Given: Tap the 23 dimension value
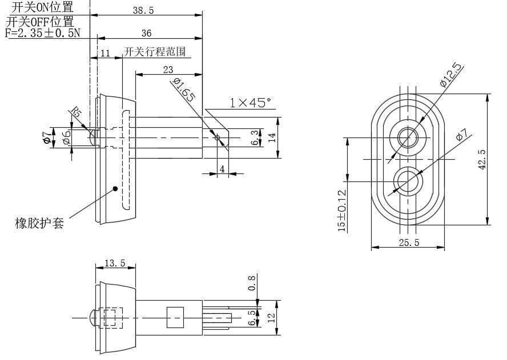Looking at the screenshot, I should click(168, 69).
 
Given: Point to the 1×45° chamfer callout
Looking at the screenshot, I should click(251, 103).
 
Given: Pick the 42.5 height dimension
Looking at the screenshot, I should click(482, 160).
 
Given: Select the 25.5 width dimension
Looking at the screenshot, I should click(408, 242).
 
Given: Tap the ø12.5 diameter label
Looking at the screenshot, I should click(451, 75).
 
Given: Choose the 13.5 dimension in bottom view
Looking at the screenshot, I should click(115, 263).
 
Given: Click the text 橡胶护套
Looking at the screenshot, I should click(39, 223).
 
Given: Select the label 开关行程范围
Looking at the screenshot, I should click(154, 52).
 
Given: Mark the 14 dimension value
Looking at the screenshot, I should click(272, 137).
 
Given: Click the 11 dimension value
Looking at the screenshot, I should click(105, 53).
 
